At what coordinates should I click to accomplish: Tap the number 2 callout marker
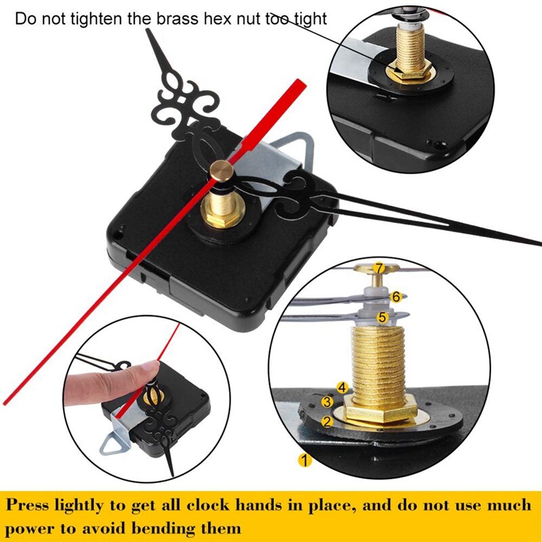327,421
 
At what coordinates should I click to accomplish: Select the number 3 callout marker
327,402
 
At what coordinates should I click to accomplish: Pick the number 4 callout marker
342,388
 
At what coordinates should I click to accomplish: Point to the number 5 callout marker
383,316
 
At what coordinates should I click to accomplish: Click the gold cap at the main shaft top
220,173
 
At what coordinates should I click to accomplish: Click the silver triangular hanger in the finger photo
113,440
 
